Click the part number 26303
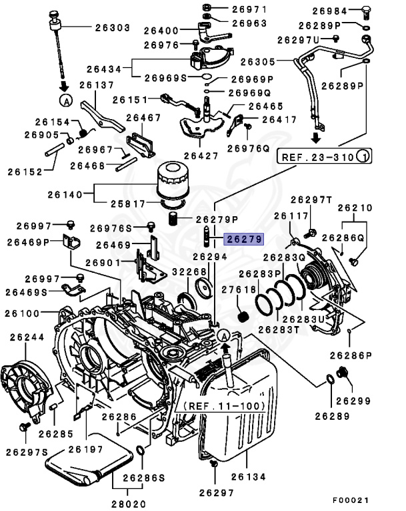click(112, 28)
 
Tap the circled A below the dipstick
click(65, 101)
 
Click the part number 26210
click(355, 208)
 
